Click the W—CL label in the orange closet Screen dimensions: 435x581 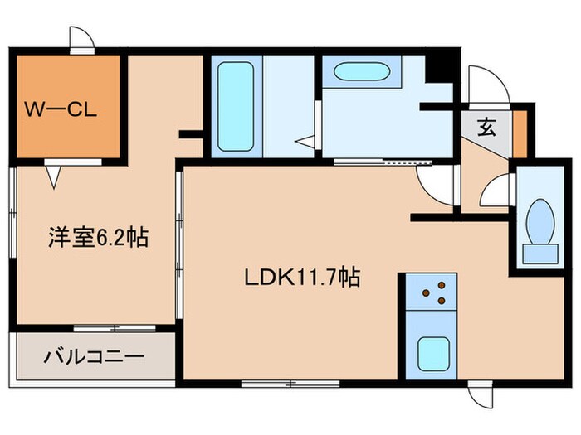click(x=62, y=109)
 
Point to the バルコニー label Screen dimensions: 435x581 click(x=94, y=358)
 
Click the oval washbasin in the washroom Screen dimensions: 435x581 click(x=361, y=72)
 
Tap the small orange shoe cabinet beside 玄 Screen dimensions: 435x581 click(x=520, y=133)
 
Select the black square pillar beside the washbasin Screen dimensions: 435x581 click(x=435, y=68)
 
